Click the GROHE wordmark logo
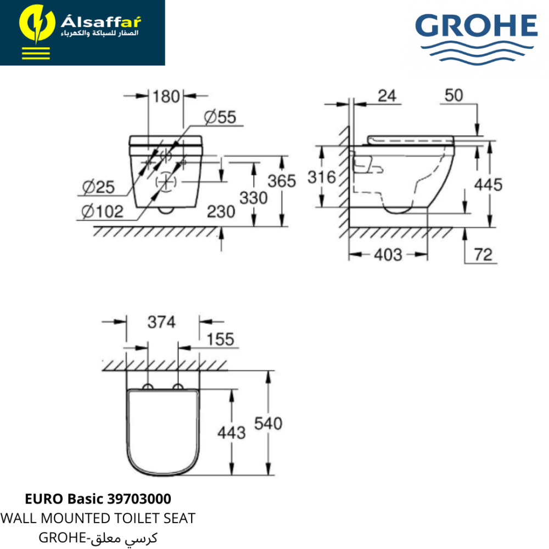[x=476, y=39]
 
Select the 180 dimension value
[x=166, y=97]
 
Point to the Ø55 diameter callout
[x=220, y=117]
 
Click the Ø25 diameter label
[x=98, y=187]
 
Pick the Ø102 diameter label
[x=102, y=212]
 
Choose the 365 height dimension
[x=282, y=181]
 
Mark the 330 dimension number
[x=254, y=198]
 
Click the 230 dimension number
[x=221, y=212]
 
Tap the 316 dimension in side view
[x=322, y=177]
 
